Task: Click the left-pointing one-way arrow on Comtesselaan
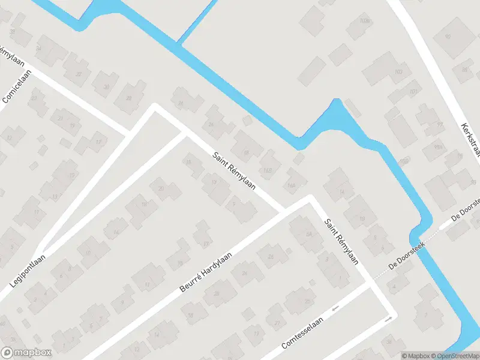click(335, 308)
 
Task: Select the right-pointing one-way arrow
click(388, 319)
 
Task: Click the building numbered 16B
click(268, 170)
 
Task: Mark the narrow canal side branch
click(195, 22)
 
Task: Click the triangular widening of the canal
click(336, 120)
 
